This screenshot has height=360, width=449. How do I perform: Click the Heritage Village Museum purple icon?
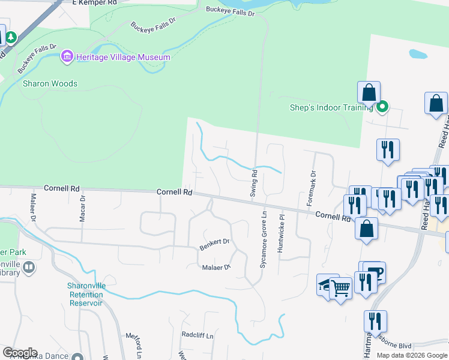[67, 57]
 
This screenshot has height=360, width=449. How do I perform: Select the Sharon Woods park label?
[50, 83]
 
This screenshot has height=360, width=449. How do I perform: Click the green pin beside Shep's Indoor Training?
[382, 107]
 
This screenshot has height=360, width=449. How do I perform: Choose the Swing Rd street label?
[254, 185]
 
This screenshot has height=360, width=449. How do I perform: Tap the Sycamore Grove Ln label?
[264, 239]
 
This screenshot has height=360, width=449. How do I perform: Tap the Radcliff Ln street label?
[197, 336]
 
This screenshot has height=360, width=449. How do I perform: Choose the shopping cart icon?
[340, 289]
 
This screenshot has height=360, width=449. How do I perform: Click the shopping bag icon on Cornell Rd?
[366, 229]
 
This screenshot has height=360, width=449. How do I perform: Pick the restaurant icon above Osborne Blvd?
[375, 320]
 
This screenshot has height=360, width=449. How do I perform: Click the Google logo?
[20, 353]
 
